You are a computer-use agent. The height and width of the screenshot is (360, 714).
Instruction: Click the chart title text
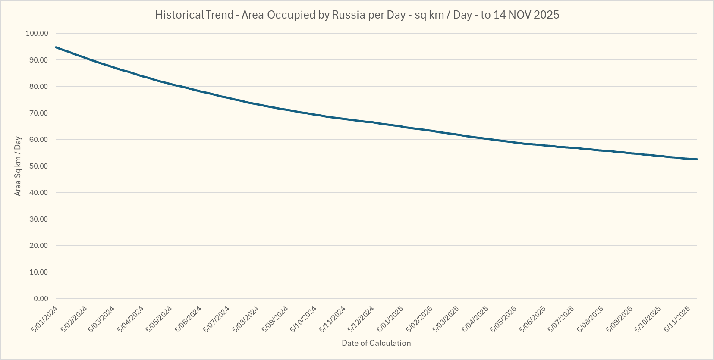click(x=357, y=15)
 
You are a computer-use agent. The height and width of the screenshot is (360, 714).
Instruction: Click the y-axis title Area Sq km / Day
click(x=18, y=166)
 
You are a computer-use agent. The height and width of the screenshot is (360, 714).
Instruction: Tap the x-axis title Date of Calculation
click(x=376, y=343)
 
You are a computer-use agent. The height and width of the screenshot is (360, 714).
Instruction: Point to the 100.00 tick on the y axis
click(x=37, y=34)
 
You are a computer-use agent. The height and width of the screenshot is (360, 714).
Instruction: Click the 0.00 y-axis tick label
click(x=41, y=298)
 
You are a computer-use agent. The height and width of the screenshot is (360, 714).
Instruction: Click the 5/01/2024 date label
click(x=45, y=319)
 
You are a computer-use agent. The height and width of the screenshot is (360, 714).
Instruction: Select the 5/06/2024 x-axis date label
click(x=188, y=319)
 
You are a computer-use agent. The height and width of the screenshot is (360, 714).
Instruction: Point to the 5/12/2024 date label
click(x=361, y=319)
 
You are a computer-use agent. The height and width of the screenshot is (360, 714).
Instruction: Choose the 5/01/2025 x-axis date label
click(x=390, y=319)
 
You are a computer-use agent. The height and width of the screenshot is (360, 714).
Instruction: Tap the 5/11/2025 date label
click(x=677, y=319)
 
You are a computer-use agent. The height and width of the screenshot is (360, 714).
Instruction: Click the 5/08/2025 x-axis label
click(x=591, y=319)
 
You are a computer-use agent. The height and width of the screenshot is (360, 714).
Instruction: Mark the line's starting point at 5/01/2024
click(x=56, y=47)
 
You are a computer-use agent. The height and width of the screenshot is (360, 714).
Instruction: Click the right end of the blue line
click(x=697, y=160)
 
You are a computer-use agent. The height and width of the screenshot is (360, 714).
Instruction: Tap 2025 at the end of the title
click(x=546, y=15)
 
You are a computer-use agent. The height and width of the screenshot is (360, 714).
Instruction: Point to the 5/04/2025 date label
click(x=475, y=319)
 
